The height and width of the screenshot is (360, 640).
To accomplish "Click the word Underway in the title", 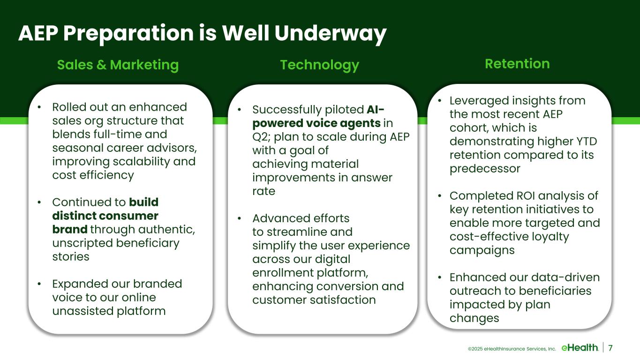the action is point(331,33).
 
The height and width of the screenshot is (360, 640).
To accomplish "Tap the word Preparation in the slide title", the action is point(128,33).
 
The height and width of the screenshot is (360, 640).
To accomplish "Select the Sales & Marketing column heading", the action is point(118,65).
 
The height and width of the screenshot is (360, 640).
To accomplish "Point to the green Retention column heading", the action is point(518,64).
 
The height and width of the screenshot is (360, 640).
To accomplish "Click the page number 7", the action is point(610,348).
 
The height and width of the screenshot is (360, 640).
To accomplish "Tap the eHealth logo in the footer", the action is point(580,348).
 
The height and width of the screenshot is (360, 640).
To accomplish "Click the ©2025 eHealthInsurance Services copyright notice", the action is point(512,349).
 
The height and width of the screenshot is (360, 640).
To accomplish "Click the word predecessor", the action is point(485,169).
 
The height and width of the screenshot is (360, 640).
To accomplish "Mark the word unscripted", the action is point(83,243).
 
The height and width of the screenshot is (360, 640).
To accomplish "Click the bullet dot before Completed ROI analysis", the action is point(440,196).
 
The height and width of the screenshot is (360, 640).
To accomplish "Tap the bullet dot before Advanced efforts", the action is point(240,218).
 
